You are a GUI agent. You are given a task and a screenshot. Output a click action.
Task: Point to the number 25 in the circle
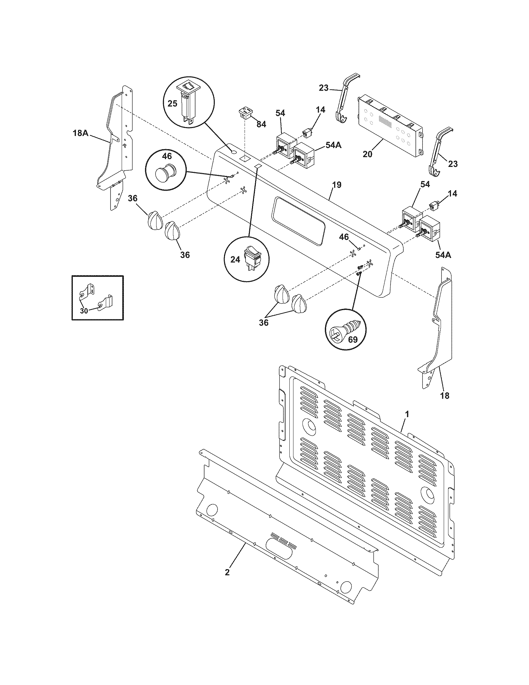172,103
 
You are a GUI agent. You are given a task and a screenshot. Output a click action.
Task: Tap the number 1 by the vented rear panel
407,415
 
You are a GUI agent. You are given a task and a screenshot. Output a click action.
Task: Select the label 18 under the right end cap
444,396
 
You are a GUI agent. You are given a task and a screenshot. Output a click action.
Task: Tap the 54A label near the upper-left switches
334,145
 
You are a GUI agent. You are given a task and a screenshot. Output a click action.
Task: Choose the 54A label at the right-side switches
443,255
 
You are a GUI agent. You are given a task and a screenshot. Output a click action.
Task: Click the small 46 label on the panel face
344,237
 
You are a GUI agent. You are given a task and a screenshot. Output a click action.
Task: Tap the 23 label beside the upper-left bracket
324,88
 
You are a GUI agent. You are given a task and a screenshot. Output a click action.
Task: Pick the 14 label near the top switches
320,110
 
